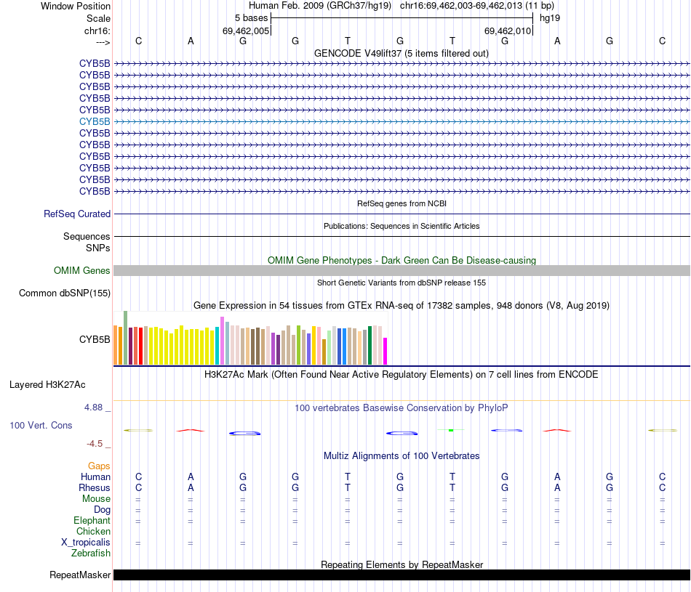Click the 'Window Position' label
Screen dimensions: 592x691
point(76,6)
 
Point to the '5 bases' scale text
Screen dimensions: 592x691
point(251,17)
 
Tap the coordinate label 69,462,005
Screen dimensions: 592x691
point(246,31)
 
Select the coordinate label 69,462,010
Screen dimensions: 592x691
point(508,31)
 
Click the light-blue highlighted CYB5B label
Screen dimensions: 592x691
point(95,121)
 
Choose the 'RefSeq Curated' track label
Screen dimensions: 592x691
point(77,214)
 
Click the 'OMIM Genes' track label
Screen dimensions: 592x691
point(82,271)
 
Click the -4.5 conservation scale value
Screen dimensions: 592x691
point(95,444)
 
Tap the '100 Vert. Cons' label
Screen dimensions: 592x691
point(41,426)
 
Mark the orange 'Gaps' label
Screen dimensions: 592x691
point(99,466)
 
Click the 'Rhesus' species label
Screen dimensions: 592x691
point(95,488)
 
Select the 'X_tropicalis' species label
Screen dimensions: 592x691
point(86,543)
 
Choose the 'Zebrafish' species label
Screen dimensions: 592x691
point(91,554)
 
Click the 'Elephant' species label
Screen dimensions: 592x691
point(92,521)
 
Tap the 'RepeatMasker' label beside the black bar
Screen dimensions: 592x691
point(80,575)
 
